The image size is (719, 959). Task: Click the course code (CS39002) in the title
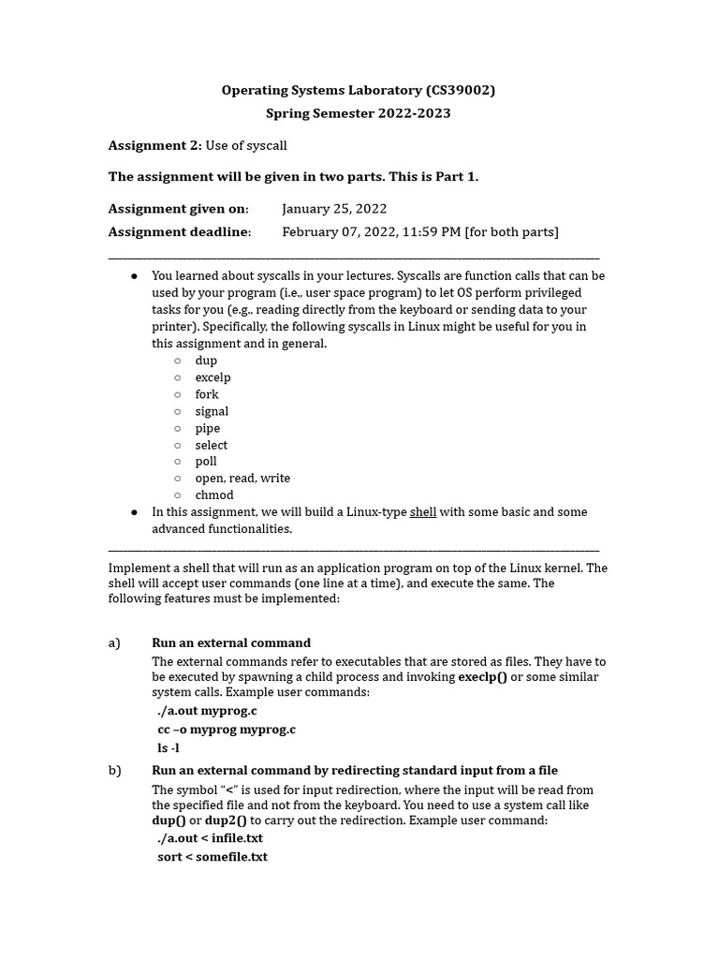pos(460,91)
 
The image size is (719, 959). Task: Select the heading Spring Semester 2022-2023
pos(359,113)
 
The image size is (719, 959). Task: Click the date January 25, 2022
pos(334,209)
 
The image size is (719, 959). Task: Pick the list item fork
pos(207,394)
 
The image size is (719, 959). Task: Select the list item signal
pos(212,411)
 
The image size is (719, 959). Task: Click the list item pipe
pos(208,428)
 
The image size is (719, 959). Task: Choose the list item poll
pos(206,462)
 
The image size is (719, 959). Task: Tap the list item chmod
pos(214,495)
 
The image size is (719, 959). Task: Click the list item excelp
pos(213,377)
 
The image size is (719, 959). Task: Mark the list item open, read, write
pos(242,479)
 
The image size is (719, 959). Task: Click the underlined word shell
pos(423,512)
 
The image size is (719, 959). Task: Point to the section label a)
pos(115,643)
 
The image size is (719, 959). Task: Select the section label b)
pos(115,771)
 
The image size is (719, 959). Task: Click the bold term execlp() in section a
pos(482,677)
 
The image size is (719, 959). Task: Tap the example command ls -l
pos(169,748)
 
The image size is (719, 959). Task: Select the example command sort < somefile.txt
pos(213,857)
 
